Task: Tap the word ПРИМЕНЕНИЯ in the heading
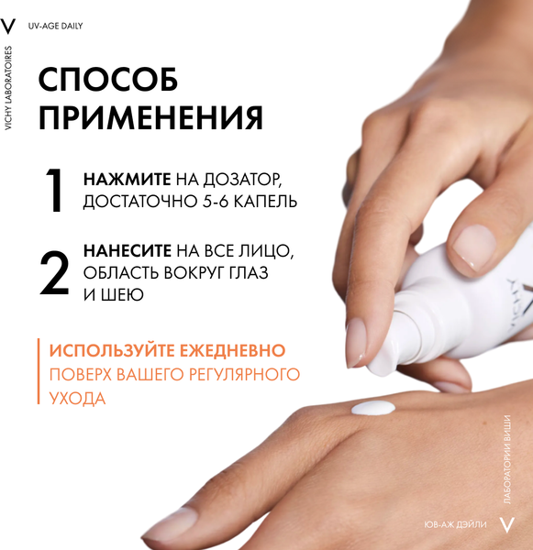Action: tap(150, 119)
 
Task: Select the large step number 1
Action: tap(55, 191)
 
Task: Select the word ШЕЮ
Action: tap(122, 294)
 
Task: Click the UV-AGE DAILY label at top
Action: tap(57, 26)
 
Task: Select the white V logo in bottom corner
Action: tap(507, 524)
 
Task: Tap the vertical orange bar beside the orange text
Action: tap(39, 373)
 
